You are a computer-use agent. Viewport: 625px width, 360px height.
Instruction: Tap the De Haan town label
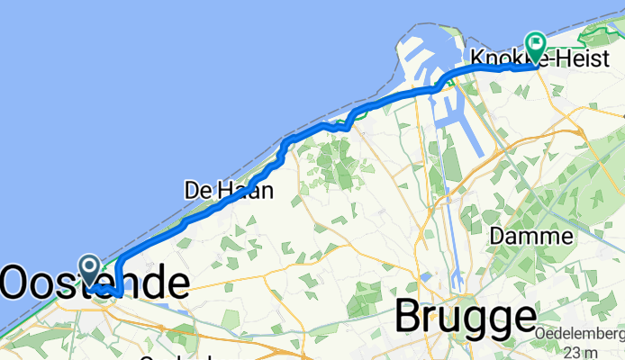pos(229,190)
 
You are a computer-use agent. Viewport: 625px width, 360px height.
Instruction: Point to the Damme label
pos(533,237)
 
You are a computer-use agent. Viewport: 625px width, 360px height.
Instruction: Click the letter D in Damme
pos(498,237)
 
